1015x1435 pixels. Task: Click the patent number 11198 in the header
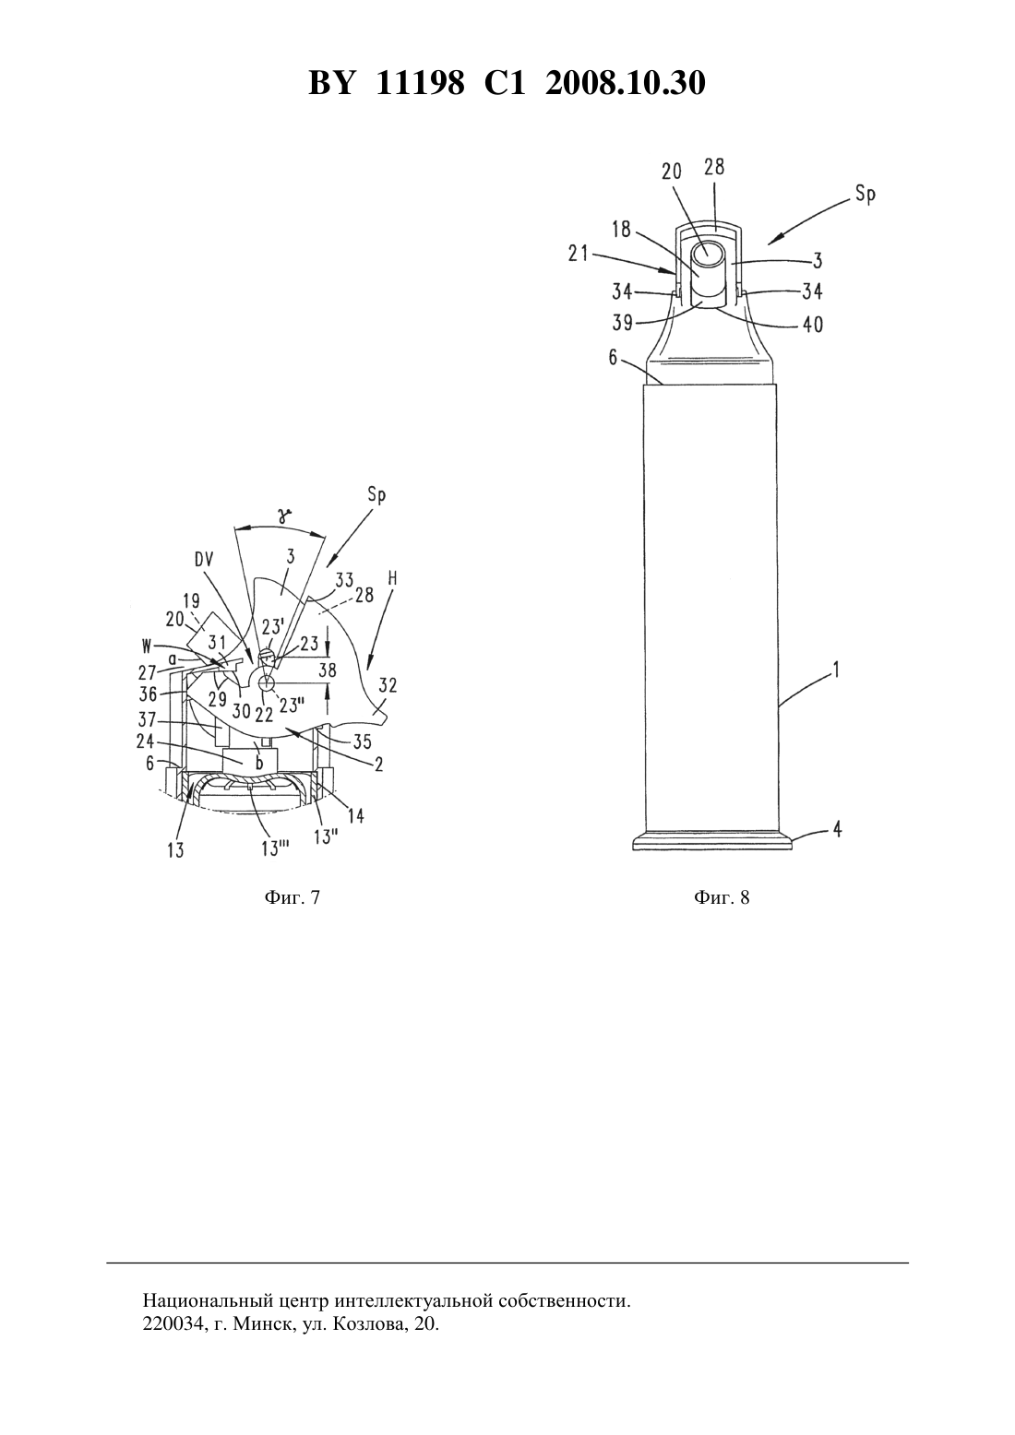tap(420, 83)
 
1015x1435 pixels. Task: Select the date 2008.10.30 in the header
tap(626, 83)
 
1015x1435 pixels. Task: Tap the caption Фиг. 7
tap(292, 896)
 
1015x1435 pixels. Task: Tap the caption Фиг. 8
tap(721, 896)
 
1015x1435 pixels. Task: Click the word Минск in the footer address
tap(259, 1324)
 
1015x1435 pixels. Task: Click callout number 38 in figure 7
tap(327, 670)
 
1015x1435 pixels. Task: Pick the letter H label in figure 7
tap(392, 578)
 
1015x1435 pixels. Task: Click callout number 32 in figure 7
tap(388, 686)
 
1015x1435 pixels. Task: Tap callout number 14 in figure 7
tap(355, 815)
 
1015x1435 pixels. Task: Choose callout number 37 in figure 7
tap(147, 720)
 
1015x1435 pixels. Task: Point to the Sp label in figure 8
tap(866, 195)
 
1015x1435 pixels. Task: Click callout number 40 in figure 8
tap(813, 324)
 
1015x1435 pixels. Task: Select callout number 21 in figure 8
tap(578, 254)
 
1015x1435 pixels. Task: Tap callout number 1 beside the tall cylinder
tap(835, 670)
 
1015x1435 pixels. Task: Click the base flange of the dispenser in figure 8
tap(712, 841)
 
